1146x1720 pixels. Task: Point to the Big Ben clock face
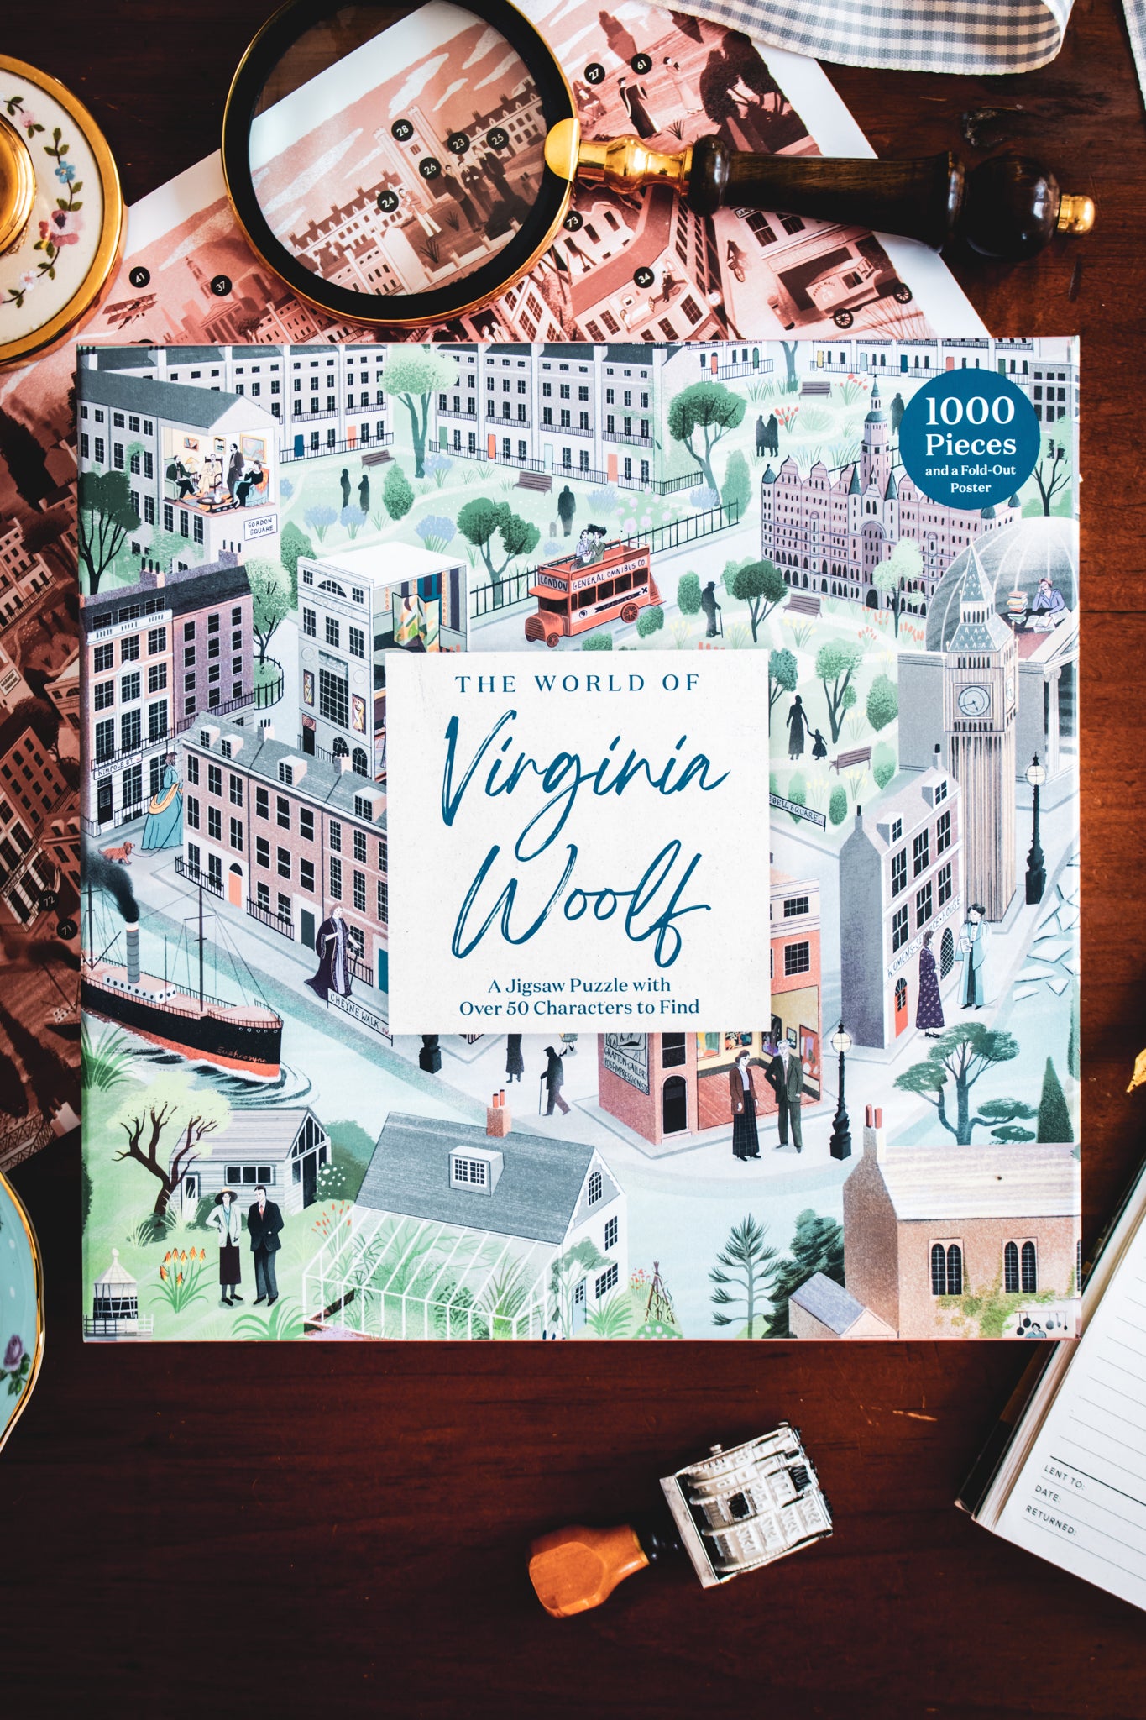click(972, 698)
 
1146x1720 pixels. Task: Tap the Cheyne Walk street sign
click(359, 1012)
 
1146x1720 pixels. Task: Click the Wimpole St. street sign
click(119, 762)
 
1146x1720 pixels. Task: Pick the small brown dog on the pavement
click(118, 853)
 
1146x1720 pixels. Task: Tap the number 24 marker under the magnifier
click(388, 202)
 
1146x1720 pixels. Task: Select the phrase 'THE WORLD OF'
click(578, 683)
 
